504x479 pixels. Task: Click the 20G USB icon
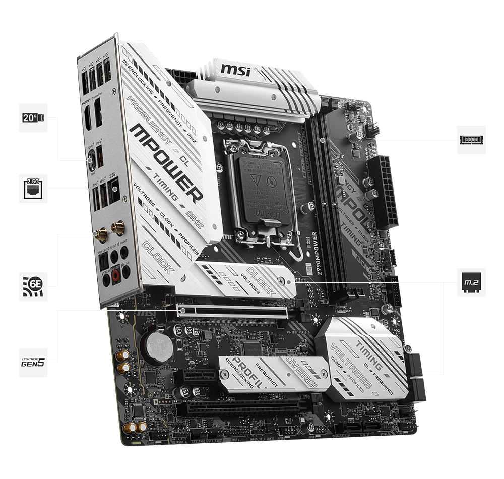(33, 117)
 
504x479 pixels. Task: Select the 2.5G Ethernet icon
(33, 189)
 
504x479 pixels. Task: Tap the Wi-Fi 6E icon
(33, 286)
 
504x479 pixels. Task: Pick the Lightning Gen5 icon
(33, 363)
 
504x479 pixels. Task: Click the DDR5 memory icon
(471, 140)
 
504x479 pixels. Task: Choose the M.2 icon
(471, 282)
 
